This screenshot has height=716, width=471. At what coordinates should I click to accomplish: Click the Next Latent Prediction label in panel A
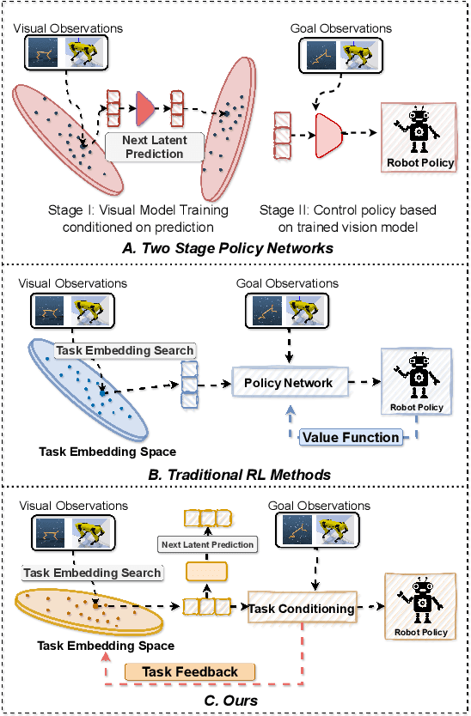(x=156, y=147)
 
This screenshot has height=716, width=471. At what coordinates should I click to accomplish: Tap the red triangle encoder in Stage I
(x=144, y=106)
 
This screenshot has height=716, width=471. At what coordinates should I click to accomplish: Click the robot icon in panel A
(x=418, y=134)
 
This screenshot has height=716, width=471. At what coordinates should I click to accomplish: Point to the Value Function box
(x=351, y=437)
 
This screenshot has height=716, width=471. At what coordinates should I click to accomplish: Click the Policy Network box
(x=286, y=382)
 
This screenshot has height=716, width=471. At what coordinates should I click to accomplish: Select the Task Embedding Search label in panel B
(x=125, y=350)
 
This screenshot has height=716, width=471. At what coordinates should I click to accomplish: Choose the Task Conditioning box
(x=301, y=609)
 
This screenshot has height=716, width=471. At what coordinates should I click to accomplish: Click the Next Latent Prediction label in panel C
(x=208, y=544)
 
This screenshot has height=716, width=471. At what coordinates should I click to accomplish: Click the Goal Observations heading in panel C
(x=321, y=507)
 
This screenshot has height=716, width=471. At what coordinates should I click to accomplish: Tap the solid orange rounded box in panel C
(x=205, y=572)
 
